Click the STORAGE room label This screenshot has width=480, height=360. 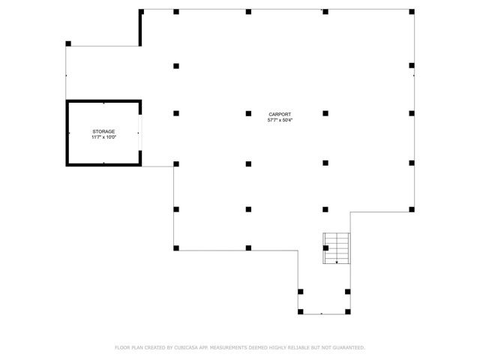[x=103, y=131]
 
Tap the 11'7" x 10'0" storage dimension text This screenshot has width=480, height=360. [x=103, y=137]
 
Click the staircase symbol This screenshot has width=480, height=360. [x=337, y=248]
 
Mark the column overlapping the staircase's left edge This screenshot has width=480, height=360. [x=325, y=247]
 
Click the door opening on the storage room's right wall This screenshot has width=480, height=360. [x=139, y=133]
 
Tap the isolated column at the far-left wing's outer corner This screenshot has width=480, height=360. [x=68, y=43]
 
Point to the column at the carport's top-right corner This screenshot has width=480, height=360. [x=412, y=12]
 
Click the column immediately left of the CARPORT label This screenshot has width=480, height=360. [x=248, y=113]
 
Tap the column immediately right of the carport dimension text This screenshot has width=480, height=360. [x=325, y=113]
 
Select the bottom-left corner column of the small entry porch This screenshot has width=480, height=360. [x=300, y=310]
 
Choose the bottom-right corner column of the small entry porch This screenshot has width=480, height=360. [x=347, y=310]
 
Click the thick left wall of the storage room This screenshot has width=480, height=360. [x=67, y=133]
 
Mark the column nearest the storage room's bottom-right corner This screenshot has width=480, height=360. [x=176, y=163]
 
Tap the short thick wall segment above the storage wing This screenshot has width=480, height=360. [x=140, y=28]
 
